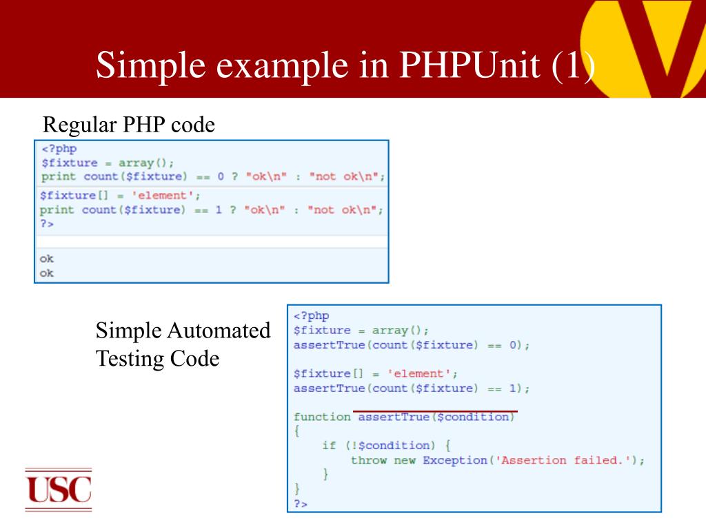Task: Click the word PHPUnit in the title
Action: [469, 65]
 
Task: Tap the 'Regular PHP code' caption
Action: [129, 125]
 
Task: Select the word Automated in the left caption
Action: [220, 331]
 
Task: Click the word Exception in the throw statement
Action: [455, 460]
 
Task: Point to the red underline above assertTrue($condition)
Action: [435, 411]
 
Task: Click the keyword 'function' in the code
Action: [321, 417]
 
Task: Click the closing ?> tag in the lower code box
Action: [301, 504]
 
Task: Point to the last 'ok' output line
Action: [47, 273]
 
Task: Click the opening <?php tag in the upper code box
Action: [59, 149]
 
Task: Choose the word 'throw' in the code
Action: [369, 460]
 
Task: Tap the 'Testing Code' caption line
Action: [157, 359]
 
